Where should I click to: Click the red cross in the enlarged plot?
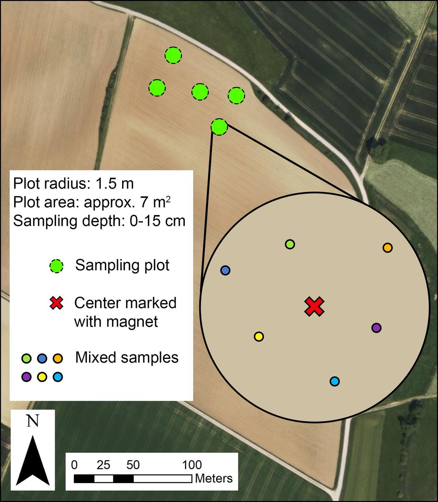[314, 307]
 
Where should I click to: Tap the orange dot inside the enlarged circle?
[387, 248]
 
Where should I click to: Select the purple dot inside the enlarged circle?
[376, 328]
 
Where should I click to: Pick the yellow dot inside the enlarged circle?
[259, 336]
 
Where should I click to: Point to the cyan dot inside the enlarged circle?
[334, 381]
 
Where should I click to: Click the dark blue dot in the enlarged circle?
[225, 270]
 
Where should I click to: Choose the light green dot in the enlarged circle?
[290, 244]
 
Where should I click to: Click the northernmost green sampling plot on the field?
[173, 55]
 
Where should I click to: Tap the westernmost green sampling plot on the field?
[157, 88]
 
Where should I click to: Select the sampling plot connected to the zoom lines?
[219, 126]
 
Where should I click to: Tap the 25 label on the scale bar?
[103, 465]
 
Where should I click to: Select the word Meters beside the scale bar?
[214, 478]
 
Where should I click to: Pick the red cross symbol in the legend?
[56, 303]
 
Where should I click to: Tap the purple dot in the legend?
[26, 377]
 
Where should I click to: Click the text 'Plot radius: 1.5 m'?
[73, 184]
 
